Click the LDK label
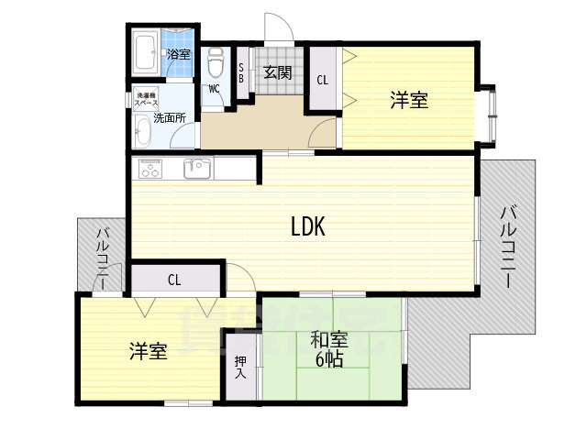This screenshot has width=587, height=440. pos(309,226)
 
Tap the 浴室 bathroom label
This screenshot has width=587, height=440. pos(178,54)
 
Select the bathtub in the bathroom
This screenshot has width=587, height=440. pos(146,54)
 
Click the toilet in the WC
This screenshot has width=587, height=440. pos(216,63)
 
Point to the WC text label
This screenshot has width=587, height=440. pos(214,89)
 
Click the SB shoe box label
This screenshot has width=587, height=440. pos(240,72)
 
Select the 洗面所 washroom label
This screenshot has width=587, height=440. pos(170,118)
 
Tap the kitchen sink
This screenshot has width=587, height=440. pos(196,168)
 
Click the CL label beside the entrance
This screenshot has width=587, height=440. pos(322,80)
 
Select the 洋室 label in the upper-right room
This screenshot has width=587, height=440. pos(409,100)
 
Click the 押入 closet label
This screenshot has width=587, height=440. pos(240,368)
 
